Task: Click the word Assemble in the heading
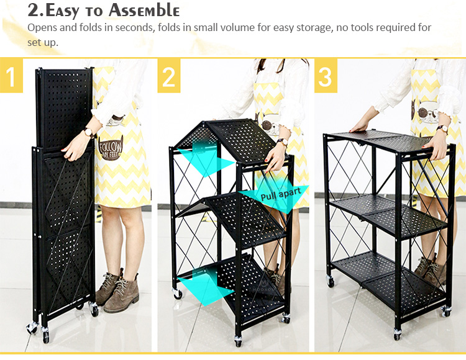click(144, 11)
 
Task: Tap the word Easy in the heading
click(62, 11)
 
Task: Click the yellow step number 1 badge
click(11, 75)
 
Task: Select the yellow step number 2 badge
click(169, 75)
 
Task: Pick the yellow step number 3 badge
click(326, 75)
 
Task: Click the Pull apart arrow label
click(281, 194)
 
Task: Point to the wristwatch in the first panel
click(89, 133)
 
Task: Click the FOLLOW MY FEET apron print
click(110, 148)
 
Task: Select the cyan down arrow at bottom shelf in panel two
click(205, 285)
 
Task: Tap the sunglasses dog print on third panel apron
click(425, 113)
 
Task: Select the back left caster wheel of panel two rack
click(178, 294)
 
